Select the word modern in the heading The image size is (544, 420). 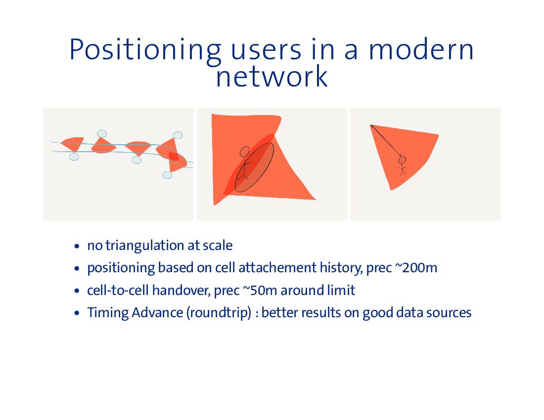[x=420, y=50]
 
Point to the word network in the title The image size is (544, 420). [x=272, y=77]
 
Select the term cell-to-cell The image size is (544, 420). [x=118, y=290]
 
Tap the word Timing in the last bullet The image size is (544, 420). [x=108, y=313]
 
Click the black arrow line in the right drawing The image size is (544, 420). [x=386, y=141]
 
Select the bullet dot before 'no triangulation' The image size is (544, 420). [x=77, y=246]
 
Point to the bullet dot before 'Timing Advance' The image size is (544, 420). [x=77, y=313]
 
